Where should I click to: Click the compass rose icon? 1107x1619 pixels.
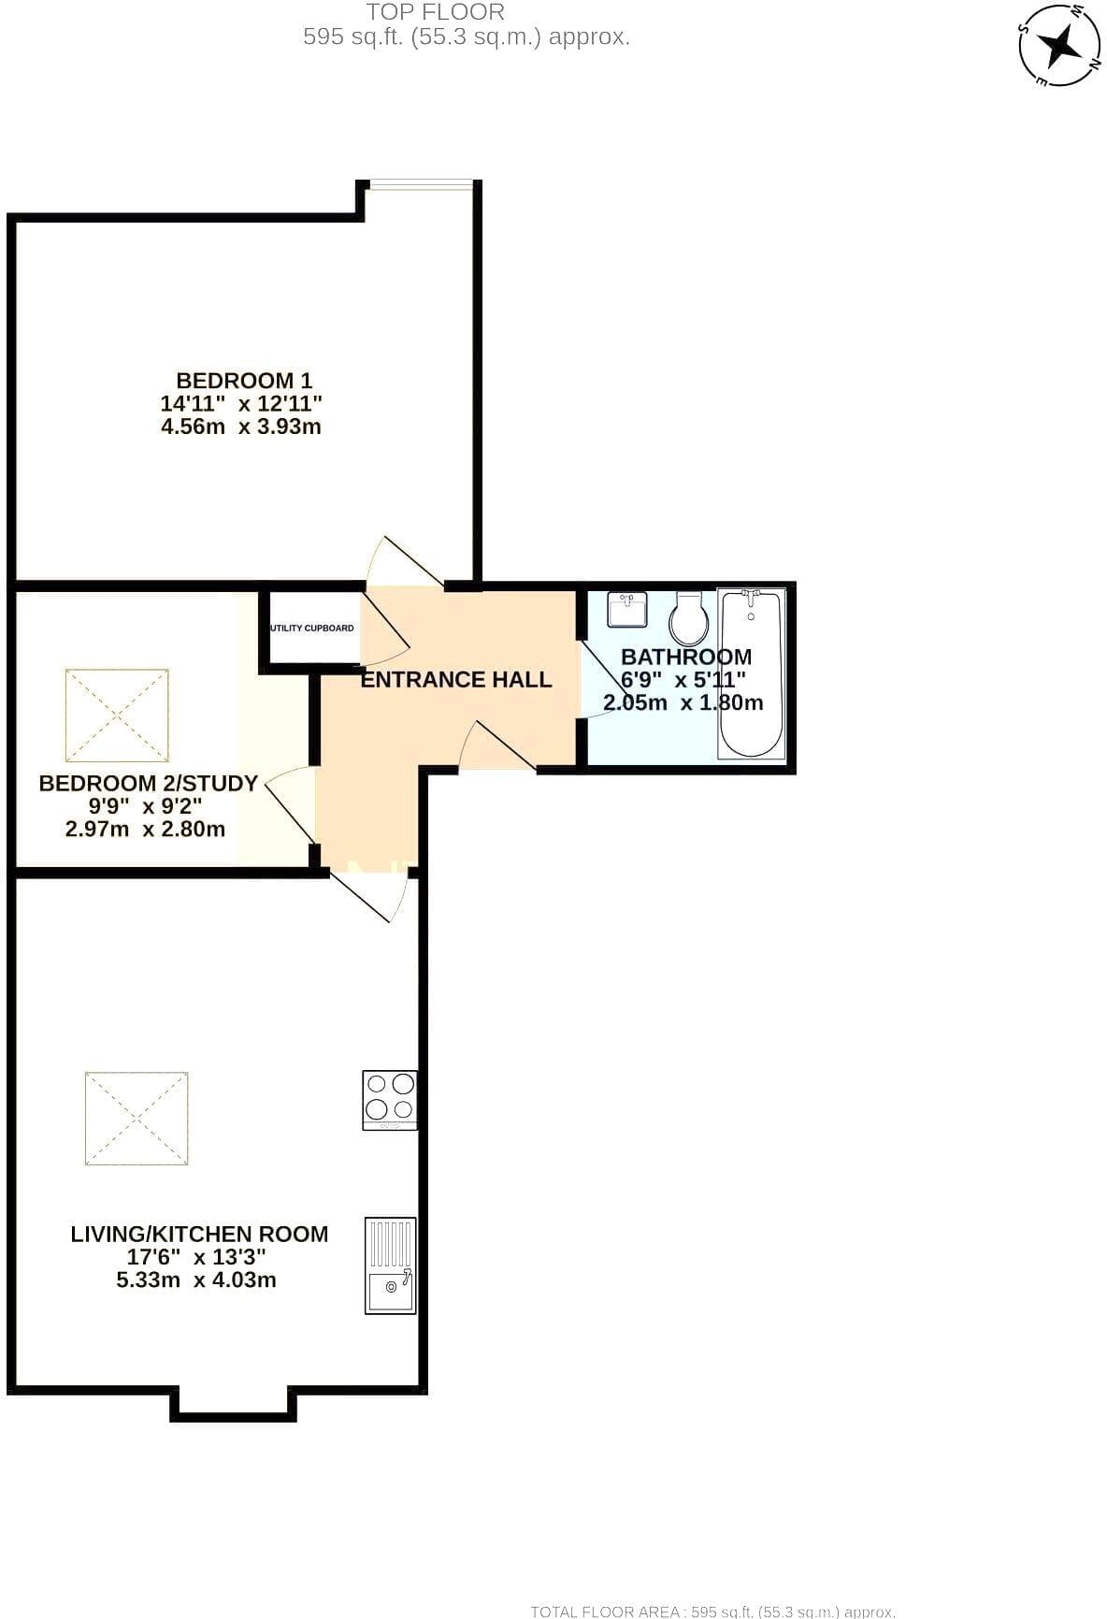click(x=1058, y=45)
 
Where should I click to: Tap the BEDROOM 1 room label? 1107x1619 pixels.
click(x=244, y=381)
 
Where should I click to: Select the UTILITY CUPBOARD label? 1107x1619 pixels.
click(x=312, y=628)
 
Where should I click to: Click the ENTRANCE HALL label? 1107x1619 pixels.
click(x=456, y=680)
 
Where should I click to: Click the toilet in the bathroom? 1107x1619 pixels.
click(x=689, y=618)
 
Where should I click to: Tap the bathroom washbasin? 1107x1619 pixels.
click(x=627, y=610)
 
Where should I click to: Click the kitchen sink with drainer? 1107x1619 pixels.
click(x=390, y=1265)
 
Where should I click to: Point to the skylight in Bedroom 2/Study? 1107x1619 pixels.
click(x=117, y=716)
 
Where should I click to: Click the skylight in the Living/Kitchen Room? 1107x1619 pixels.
click(x=137, y=1119)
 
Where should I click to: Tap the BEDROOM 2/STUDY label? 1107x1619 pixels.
click(x=148, y=784)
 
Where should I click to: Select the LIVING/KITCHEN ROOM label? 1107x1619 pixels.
click(x=199, y=1235)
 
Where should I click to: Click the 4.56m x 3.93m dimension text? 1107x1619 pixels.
click(x=241, y=427)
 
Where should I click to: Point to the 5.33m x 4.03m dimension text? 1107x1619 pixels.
click(x=196, y=1280)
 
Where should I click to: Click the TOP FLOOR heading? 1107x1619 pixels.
click(x=436, y=12)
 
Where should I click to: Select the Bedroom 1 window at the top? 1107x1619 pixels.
click(x=419, y=184)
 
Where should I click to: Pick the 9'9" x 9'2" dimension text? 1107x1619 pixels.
click(x=145, y=807)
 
